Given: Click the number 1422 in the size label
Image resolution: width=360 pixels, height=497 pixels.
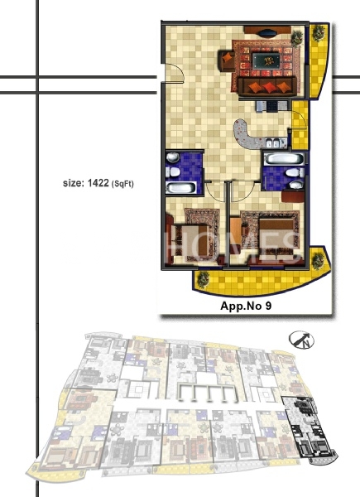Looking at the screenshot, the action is [x=98, y=183].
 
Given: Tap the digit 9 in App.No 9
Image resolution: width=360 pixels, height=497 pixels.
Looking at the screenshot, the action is [x=268, y=306].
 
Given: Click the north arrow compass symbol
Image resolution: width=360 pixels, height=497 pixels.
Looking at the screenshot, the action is [x=301, y=340].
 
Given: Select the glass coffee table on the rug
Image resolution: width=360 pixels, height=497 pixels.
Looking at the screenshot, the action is [x=266, y=60].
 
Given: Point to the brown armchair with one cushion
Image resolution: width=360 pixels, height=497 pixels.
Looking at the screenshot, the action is [x=227, y=60].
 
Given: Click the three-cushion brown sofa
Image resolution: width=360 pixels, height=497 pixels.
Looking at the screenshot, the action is [x=268, y=86].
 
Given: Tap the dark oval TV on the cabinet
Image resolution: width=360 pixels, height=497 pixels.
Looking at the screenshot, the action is [x=268, y=32].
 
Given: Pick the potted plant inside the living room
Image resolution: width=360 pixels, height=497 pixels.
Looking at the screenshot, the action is [x=297, y=38].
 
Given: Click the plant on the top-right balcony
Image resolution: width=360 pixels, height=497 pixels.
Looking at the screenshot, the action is [x=319, y=32].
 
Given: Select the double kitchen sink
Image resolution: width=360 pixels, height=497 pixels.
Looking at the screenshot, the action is [x=273, y=143].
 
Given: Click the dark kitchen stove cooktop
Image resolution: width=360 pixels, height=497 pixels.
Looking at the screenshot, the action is [x=272, y=106].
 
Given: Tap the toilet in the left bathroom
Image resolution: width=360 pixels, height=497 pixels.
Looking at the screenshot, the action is [x=173, y=172].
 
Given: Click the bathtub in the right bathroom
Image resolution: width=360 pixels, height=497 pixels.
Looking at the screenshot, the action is [x=284, y=159].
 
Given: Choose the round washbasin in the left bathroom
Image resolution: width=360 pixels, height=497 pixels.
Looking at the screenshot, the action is [x=173, y=157].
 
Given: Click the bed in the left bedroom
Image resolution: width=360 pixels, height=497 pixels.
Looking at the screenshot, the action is [x=190, y=242].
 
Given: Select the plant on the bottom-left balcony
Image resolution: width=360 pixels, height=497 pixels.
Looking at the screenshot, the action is [x=203, y=280].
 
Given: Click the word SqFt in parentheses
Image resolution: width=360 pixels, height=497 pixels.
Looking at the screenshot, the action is [x=122, y=184].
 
